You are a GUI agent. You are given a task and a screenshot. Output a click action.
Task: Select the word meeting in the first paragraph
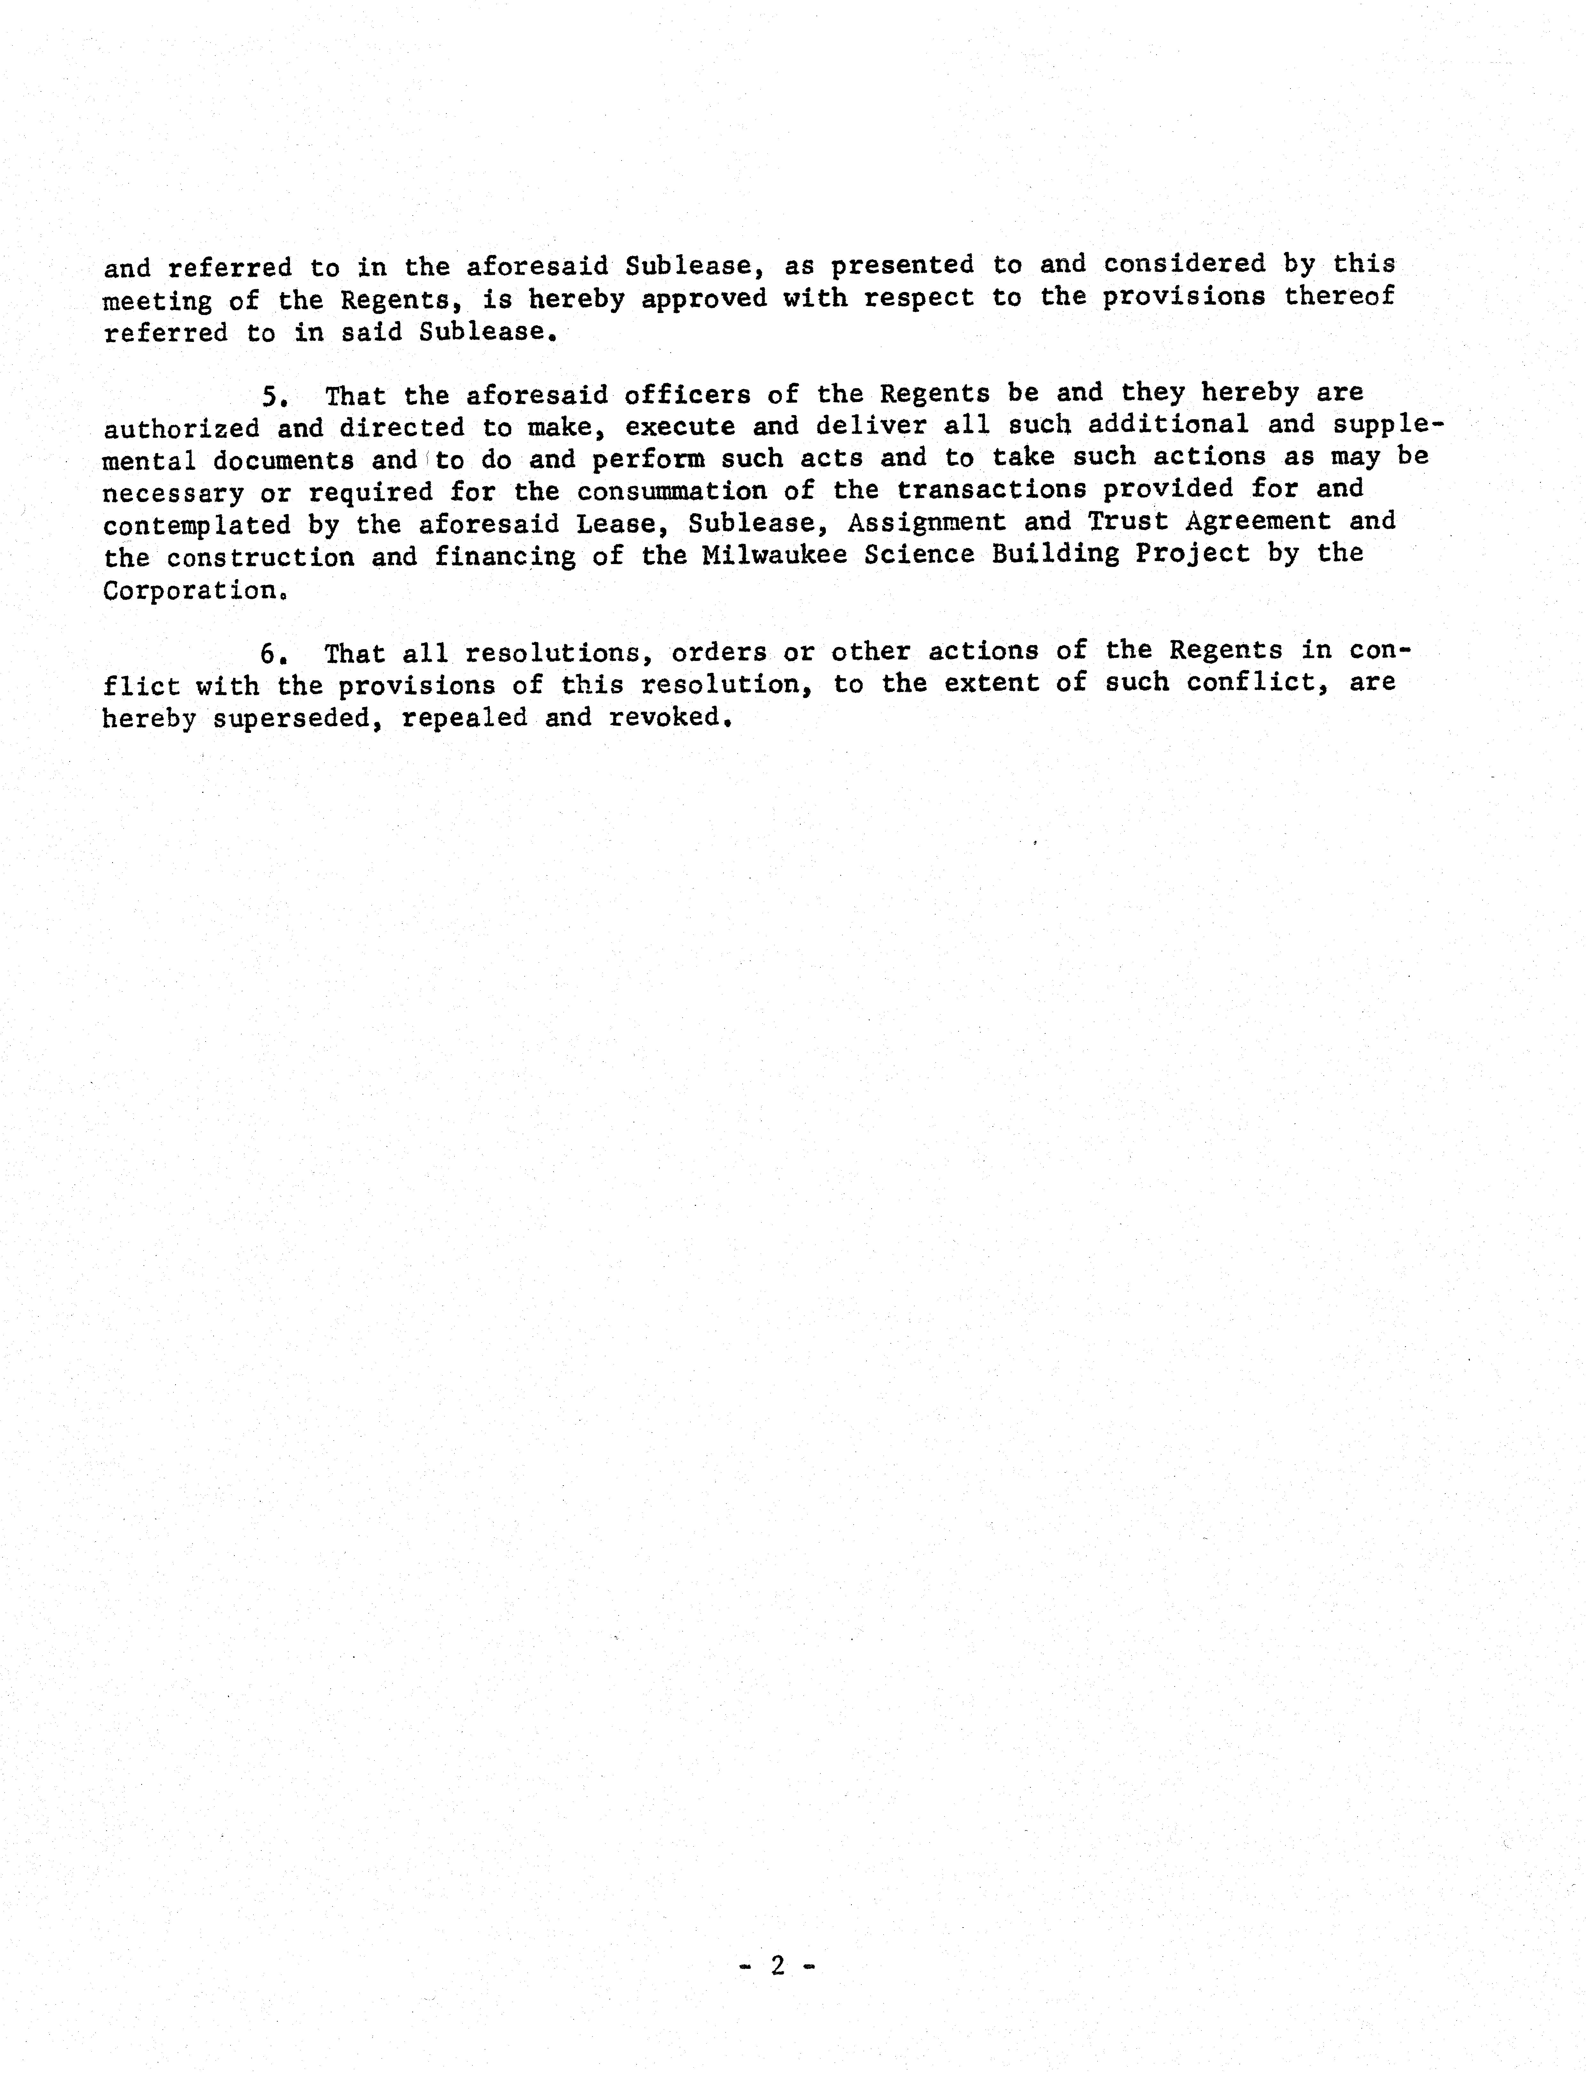point(157,301)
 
